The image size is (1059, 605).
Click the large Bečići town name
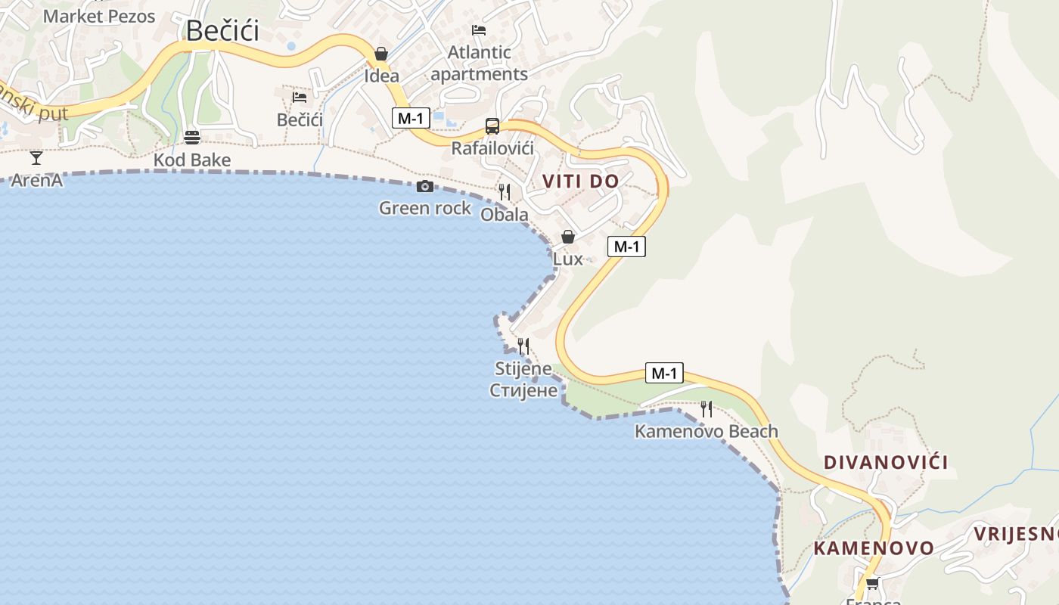click(x=222, y=31)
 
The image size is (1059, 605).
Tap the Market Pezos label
click(x=99, y=16)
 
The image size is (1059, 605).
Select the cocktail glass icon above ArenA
click(x=36, y=158)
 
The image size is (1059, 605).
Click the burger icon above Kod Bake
click(x=192, y=138)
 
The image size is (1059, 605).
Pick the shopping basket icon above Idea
click(x=381, y=54)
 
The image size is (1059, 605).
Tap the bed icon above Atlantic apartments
click(x=479, y=30)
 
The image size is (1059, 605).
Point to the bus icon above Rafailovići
click(x=492, y=126)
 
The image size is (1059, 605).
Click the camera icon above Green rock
click(x=425, y=186)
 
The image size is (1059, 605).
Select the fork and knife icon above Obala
click(x=505, y=192)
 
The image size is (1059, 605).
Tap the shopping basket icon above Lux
click(x=568, y=237)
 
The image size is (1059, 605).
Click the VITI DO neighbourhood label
click(x=581, y=181)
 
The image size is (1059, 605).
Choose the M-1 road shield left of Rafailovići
click(x=411, y=118)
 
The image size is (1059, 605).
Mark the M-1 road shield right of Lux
click(x=626, y=247)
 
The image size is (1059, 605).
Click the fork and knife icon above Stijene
click(x=523, y=346)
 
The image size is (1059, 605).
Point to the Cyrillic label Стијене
click(x=523, y=390)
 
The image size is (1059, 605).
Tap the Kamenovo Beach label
click(x=706, y=432)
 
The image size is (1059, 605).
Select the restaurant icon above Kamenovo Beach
click(x=707, y=409)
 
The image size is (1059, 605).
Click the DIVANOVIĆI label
click(x=886, y=462)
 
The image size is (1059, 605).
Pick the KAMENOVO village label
click(x=874, y=548)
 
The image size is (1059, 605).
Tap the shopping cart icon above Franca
click(x=872, y=583)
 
